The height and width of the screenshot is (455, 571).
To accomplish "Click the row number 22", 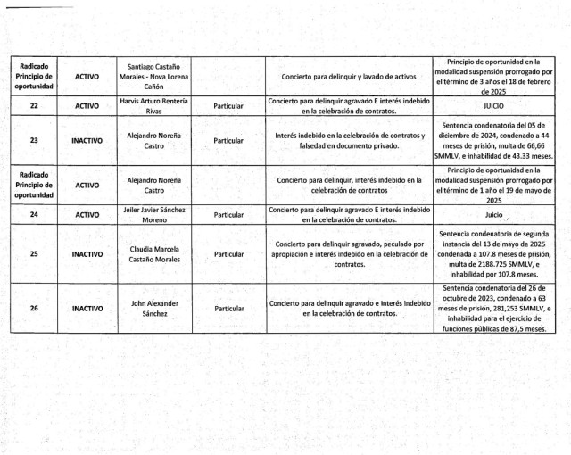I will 34,106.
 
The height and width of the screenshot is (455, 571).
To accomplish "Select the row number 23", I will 34,141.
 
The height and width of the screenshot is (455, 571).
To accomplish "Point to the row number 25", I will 34,254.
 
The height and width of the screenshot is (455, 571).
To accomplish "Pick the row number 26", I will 34,308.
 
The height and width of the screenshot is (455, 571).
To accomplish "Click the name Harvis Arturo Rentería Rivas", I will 154,106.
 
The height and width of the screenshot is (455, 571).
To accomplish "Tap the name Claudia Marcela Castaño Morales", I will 154,254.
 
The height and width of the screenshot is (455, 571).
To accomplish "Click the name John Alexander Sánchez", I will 154,308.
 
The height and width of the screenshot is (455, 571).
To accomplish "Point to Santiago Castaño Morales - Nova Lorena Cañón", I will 154,77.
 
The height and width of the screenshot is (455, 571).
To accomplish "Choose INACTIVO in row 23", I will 87,141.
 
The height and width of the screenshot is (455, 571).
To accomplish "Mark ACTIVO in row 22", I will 87,106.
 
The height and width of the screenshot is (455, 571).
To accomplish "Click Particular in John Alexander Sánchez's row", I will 229,308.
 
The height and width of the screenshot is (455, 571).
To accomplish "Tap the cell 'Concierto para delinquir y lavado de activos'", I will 349,77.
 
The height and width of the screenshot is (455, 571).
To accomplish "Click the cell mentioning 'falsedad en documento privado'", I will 349,141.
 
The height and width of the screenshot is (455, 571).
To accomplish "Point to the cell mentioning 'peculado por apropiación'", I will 349,254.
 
